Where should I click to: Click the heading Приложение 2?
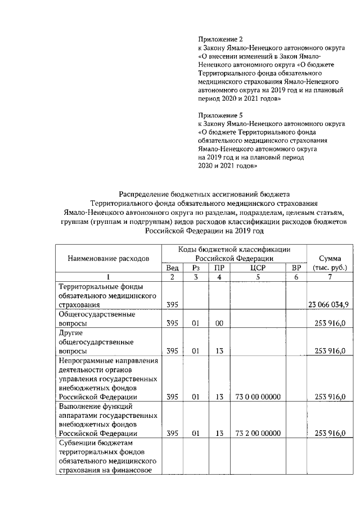pos(221,39)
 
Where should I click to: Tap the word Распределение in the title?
pos(151,193)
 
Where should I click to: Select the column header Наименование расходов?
pos(109,258)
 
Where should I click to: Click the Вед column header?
pos(173,267)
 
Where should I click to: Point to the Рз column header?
pos(196,267)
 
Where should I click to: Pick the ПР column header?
pos(219,267)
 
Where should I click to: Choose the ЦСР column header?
pos(257,267)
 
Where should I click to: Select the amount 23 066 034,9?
pos(328,304)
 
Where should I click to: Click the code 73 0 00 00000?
pos(257,397)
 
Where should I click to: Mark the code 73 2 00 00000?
pos(257,433)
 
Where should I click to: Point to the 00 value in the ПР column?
pos(219,323)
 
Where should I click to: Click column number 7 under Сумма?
pos(330,277)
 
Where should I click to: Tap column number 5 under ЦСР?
pos(257,277)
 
